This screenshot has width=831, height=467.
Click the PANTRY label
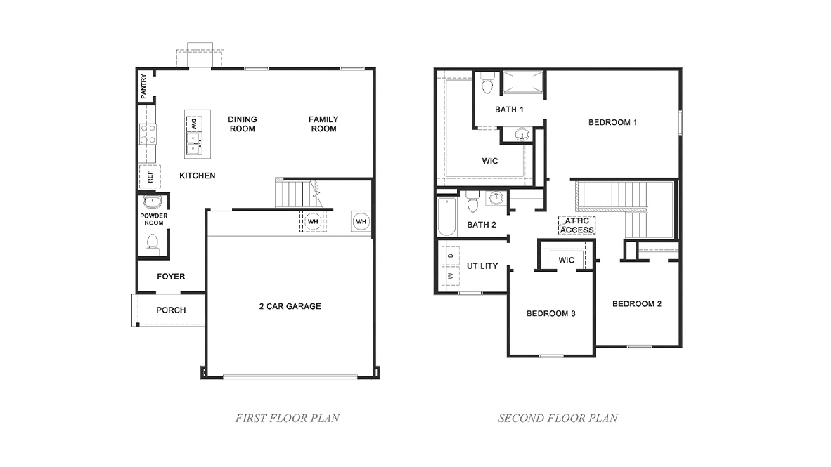click(144, 86)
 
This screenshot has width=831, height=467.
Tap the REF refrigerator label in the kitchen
click(150, 176)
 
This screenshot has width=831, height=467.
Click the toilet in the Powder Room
click(151, 244)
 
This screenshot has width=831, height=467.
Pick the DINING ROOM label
click(242, 124)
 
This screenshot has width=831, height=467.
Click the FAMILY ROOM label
click(323, 124)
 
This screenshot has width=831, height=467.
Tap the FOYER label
click(171, 277)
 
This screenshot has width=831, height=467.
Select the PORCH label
click(171, 310)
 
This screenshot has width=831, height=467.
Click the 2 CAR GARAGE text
click(290, 306)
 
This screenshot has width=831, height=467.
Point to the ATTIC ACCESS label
click(577, 225)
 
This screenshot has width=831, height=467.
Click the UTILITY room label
click(482, 266)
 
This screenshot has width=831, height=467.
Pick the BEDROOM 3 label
click(550, 313)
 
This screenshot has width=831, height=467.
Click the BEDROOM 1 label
click(612, 122)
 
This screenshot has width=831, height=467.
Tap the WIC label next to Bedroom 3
click(567, 261)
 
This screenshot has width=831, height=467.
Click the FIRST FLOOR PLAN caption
click(287, 419)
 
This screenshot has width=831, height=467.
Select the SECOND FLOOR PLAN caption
click(558, 419)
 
